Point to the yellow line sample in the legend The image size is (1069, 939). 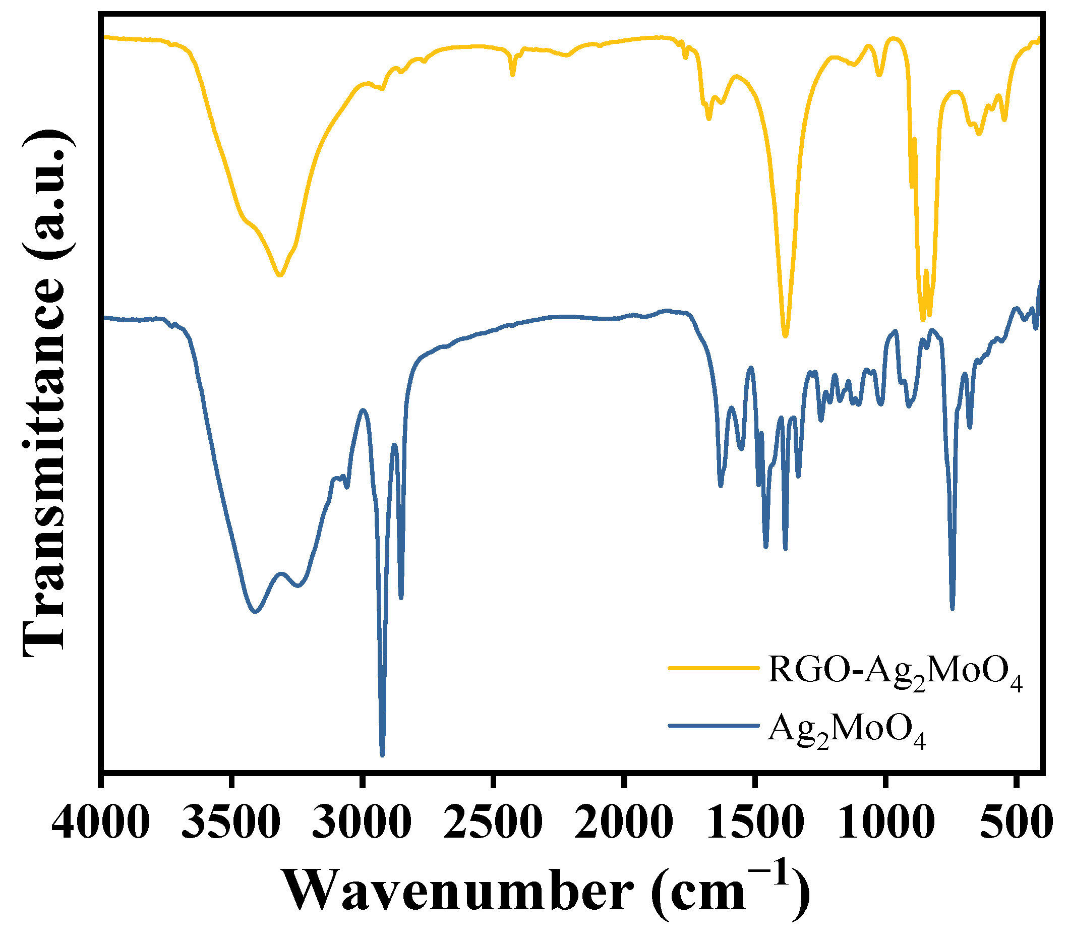point(714,668)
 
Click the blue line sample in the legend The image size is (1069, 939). point(714,725)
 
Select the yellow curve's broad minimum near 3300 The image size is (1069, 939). point(280,275)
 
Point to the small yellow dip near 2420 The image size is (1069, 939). point(513,75)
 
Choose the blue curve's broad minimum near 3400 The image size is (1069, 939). point(255,611)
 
